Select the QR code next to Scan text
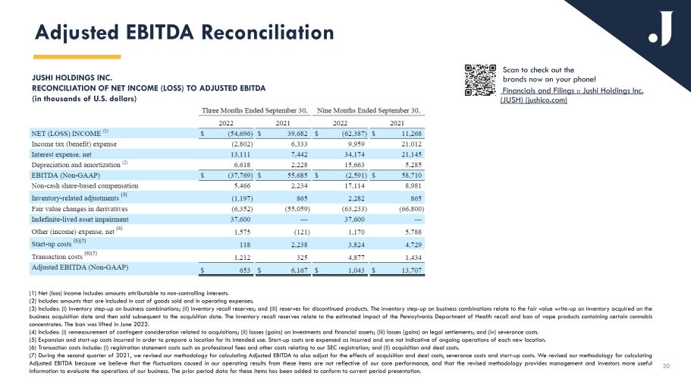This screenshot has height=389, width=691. click(479, 80)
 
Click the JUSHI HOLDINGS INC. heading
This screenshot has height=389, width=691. click(71, 77)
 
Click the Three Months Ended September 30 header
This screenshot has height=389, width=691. click(253, 109)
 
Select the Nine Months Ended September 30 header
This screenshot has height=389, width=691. click(371, 109)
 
